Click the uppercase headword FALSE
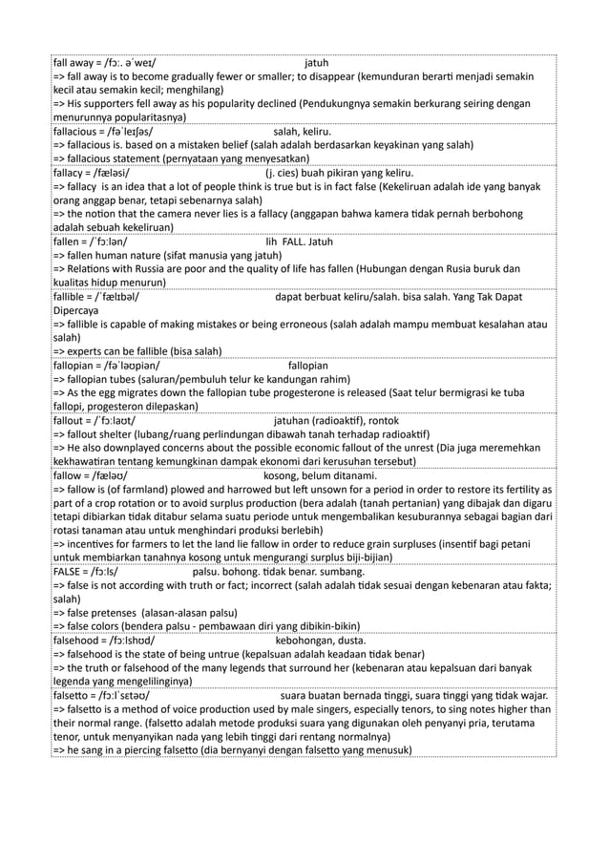[x=69, y=572]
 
